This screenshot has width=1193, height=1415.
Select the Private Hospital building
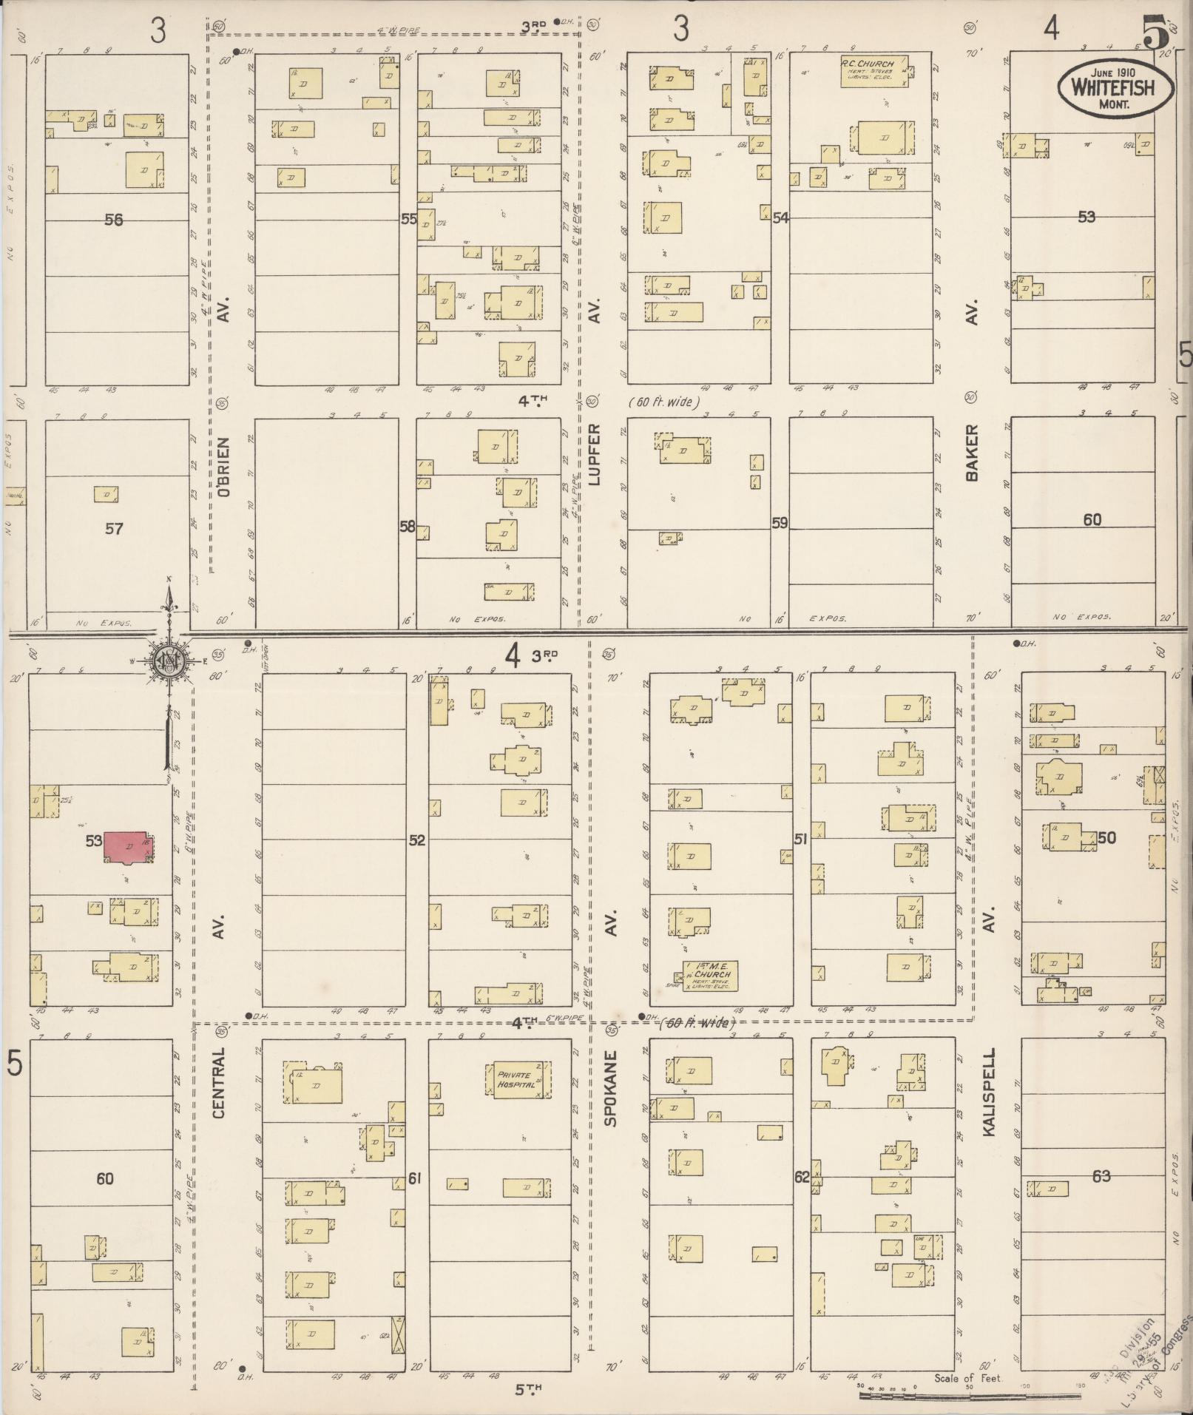click(x=519, y=1081)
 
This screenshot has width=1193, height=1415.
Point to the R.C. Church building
click(x=873, y=71)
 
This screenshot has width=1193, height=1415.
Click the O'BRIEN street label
click(x=225, y=466)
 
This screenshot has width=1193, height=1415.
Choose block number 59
click(x=780, y=524)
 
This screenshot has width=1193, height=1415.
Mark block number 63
click(x=1101, y=1175)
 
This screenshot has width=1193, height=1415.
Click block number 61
click(x=414, y=1178)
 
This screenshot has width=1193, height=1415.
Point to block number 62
click(x=802, y=1177)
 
